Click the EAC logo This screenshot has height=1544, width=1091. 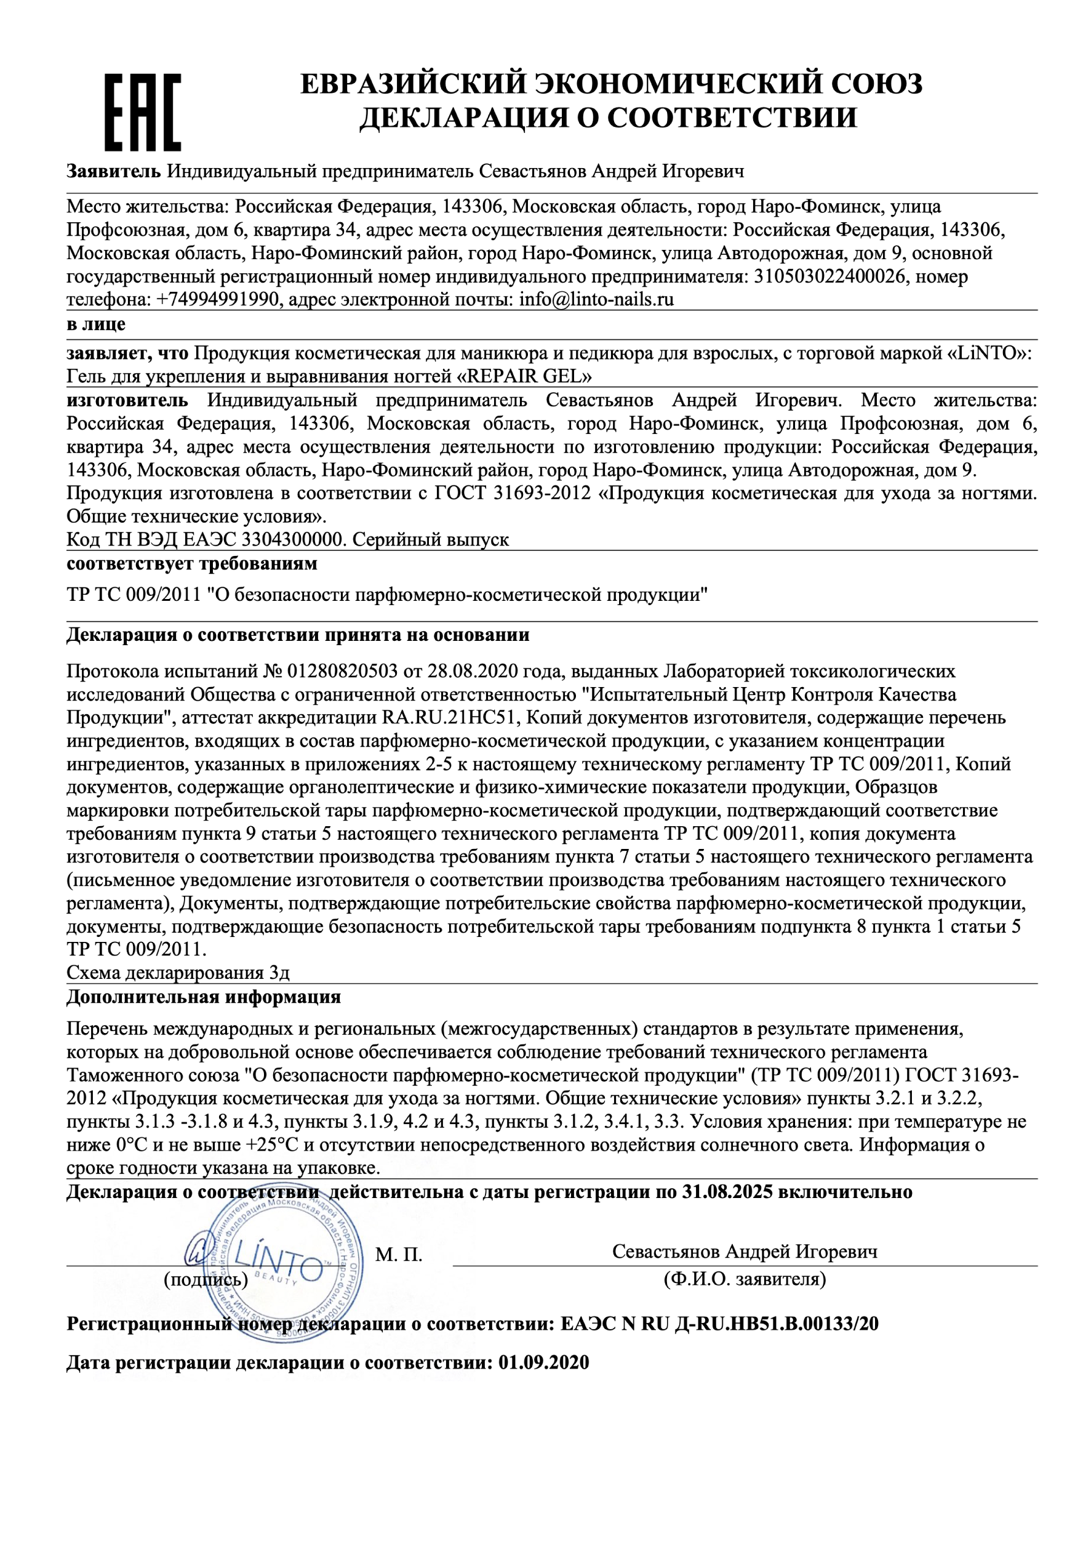click(x=143, y=112)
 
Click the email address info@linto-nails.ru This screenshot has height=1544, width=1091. click(x=596, y=299)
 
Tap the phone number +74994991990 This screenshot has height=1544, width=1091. click(x=217, y=299)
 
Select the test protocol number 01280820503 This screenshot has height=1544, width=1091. click(x=343, y=671)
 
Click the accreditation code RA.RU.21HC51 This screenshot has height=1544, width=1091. click(x=449, y=718)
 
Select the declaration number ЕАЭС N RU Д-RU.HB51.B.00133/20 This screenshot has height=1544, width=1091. click(x=719, y=1324)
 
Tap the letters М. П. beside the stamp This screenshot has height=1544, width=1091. click(x=399, y=1255)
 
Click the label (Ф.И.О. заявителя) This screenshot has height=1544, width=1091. click(x=745, y=1279)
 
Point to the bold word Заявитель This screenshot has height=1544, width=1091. click(x=113, y=172)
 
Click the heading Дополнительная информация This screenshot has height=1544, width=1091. click(x=203, y=997)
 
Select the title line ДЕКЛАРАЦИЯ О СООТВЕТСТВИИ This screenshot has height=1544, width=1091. click(x=608, y=118)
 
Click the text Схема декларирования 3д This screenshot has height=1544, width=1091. click(x=178, y=973)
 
